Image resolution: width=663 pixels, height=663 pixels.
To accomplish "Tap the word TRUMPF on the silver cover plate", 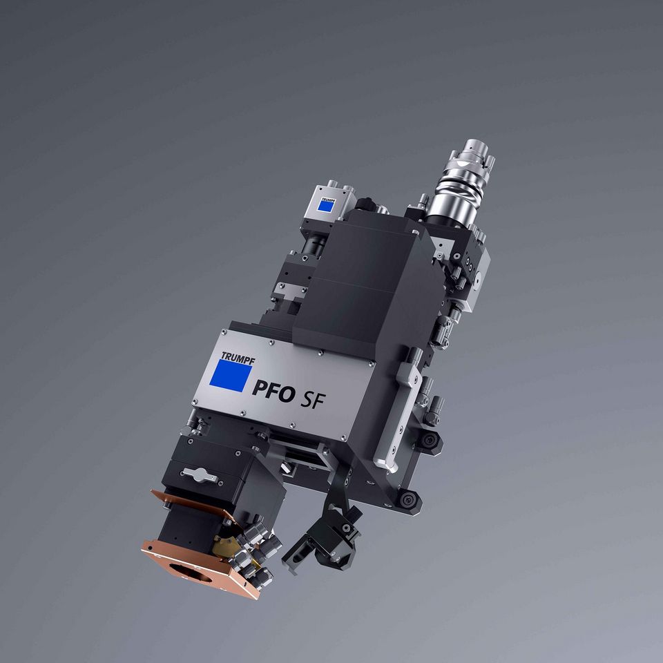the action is (x=238, y=358).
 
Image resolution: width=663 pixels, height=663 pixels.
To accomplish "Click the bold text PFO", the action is (x=273, y=391).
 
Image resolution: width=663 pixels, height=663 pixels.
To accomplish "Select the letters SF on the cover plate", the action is (x=314, y=399).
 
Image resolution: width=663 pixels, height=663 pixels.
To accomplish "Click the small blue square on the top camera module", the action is (x=326, y=206).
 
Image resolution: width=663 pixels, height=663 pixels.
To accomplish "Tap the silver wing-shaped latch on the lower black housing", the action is (x=199, y=475).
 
